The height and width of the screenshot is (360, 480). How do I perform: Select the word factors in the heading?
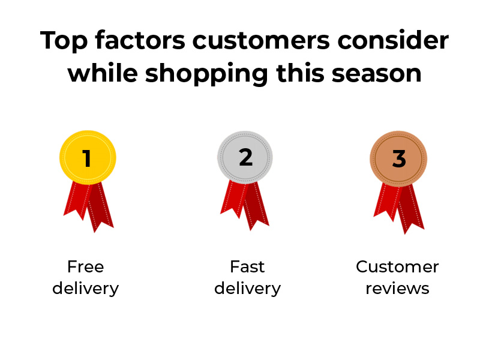coord(140,40)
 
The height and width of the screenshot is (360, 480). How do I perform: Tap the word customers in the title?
coord(261,40)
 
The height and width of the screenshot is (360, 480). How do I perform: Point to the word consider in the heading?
coord(393,40)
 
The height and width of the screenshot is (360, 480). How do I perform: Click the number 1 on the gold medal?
coord(87,158)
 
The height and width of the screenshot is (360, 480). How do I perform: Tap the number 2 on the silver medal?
coord(245,157)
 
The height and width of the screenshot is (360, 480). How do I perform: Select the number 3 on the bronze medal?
coord(399,159)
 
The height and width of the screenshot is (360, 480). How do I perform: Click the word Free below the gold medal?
coord(86,266)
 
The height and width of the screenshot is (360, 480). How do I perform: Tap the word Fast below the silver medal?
coord(247,266)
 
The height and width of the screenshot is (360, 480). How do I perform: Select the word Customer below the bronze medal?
coord(397,266)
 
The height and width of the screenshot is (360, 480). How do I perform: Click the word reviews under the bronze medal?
coord(397,289)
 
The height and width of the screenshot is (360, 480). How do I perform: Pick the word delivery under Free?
coord(86,289)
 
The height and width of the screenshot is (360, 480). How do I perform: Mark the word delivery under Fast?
coord(247,289)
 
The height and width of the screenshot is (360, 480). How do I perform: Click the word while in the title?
coord(103,73)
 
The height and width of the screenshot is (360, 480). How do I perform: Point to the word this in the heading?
coord(300,73)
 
